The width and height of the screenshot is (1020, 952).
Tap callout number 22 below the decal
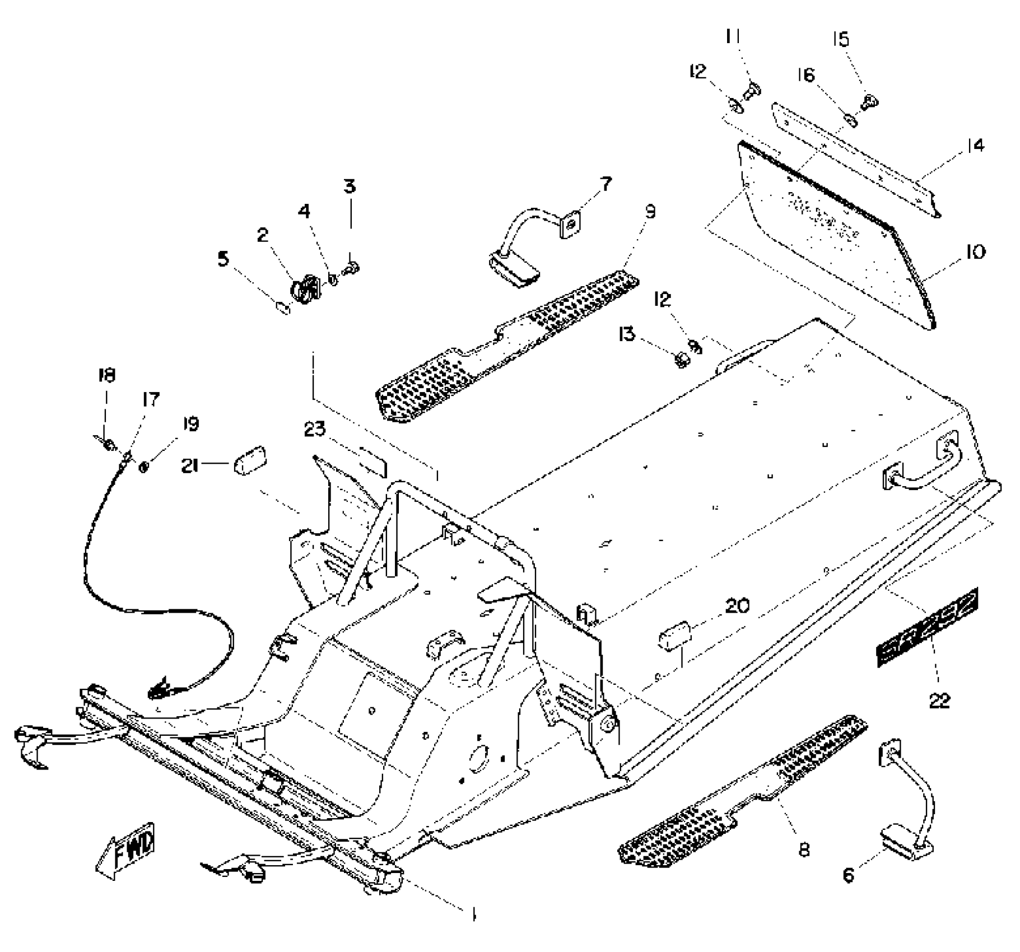[x=939, y=700]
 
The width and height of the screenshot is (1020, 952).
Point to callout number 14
[x=975, y=146]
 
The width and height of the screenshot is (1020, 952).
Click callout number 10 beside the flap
[x=975, y=253]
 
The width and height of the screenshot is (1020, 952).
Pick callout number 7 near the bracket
[x=606, y=184]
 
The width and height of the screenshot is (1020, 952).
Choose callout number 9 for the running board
[x=650, y=212]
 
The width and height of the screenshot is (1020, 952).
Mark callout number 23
[x=315, y=430]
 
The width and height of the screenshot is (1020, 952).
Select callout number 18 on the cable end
[x=106, y=375]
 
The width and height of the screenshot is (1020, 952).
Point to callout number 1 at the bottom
[x=473, y=914]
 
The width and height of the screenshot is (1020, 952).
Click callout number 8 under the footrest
[x=804, y=850]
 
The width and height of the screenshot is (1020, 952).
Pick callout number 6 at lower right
[x=849, y=875]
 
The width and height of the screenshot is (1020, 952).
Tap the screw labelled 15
[x=870, y=102]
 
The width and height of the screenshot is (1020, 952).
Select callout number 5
[x=223, y=259]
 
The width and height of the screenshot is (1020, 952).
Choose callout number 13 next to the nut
[x=627, y=334]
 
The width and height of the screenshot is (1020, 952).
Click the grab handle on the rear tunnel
[x=924, y=466]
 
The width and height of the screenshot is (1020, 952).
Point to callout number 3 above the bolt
[x=350, y=186]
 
